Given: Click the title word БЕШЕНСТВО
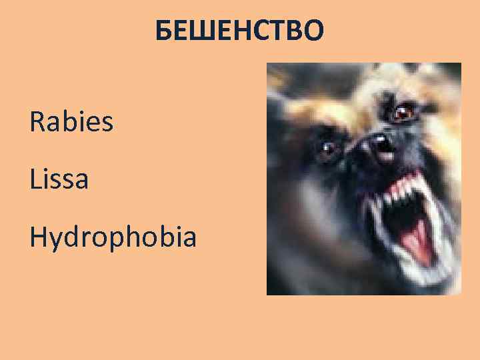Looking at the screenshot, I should (x=239, y=31).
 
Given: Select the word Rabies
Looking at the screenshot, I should (x=71, y=122).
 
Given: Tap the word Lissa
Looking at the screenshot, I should (x=59, y=179).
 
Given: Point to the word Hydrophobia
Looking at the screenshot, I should (x=113, y=237).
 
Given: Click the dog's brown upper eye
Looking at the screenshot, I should (x=403, y=113).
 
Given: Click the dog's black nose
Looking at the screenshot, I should (x=378, y=143).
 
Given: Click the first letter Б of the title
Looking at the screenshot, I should (x=164, y=31).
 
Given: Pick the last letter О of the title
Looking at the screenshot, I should (x=315, y=31).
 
